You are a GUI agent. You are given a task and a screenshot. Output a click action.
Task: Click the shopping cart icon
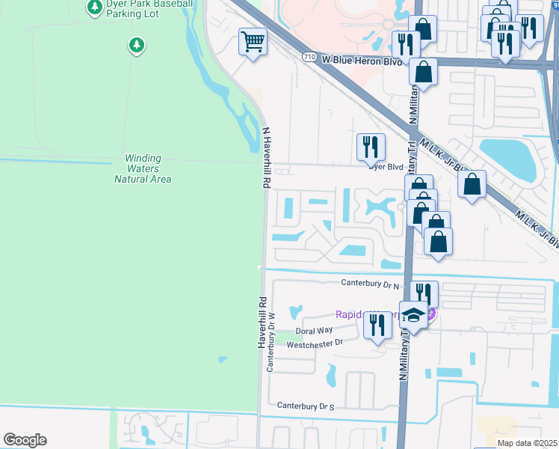click(253, 42)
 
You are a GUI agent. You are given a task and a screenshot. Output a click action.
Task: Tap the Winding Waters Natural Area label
click(143, 168)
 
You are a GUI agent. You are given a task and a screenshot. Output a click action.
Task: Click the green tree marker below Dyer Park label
click(136, 46)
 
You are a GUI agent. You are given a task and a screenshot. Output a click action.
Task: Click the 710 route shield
click(309, 57)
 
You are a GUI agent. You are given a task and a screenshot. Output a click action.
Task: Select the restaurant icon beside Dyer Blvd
click(370, 147)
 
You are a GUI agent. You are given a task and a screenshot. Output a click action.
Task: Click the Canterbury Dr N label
click(371, 283)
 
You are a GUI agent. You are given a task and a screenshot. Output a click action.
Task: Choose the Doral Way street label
click(314, 330)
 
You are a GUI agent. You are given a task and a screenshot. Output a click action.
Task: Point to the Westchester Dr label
click(314, 343)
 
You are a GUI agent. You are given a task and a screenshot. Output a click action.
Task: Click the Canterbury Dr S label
click(306, 405)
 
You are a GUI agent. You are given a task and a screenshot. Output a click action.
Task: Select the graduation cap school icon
click(413, 315)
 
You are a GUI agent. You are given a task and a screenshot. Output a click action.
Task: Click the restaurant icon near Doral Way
click(377, 326)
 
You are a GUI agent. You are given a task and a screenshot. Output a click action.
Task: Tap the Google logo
click(25, 440)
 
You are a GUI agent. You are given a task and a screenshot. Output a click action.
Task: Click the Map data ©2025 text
click(527, 443)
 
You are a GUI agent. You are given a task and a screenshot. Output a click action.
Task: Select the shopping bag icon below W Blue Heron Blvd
click(423, 73)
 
